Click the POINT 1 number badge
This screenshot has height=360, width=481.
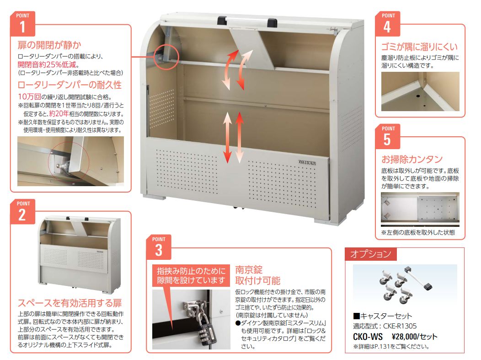coord(23,24)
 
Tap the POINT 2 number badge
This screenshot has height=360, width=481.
coord(23,211)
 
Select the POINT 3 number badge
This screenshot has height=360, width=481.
coord(159,247)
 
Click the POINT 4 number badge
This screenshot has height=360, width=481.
coord(388,24)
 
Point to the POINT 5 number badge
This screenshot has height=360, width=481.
coord(388,137)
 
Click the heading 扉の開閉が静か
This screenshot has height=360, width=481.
coord(49,45)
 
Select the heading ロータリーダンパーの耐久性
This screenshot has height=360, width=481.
coord(69,85)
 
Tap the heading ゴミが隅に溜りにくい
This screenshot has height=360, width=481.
coord(419,47)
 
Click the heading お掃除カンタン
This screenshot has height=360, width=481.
coord(412,159)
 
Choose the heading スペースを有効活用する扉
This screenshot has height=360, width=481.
coord(69,303)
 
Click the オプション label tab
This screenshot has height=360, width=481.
coord(370,254)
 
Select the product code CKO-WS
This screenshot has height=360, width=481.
coord(368,337)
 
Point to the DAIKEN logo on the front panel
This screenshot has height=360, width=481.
coord(307,162)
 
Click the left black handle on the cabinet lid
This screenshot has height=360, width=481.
coord(222,21)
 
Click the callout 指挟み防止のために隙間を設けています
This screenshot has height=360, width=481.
coord(191,275)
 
